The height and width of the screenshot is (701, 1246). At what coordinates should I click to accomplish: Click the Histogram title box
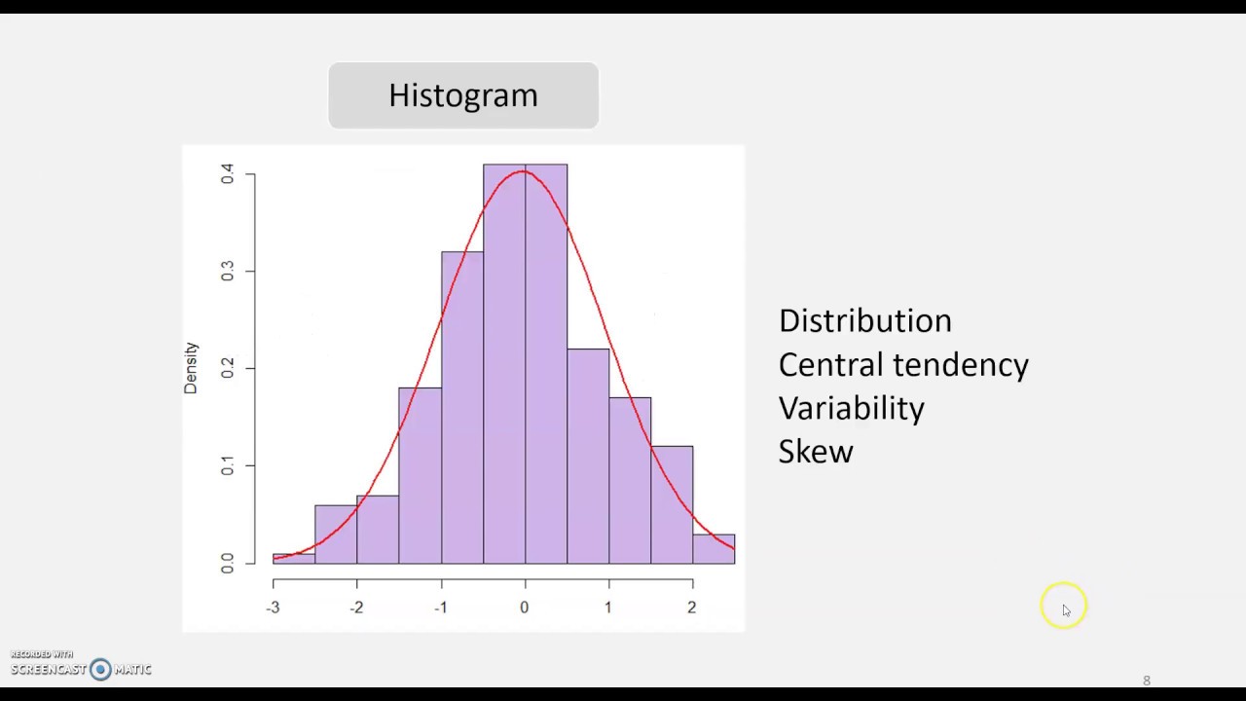pos(463,95)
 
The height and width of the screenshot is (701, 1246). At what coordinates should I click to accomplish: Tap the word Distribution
pos(864,321)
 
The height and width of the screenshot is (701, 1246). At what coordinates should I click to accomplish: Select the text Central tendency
pos(902,365)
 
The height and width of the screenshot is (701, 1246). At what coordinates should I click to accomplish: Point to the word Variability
pos(851,408)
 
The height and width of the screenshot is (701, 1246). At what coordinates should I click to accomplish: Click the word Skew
pos(816,452)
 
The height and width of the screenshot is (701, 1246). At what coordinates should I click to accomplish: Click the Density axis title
pos(191,368)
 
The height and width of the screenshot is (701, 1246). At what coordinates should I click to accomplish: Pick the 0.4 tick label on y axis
pos(227,174)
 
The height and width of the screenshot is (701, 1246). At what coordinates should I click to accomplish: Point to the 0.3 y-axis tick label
pos(227,272)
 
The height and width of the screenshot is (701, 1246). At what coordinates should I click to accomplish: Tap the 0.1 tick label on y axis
pos(227,466)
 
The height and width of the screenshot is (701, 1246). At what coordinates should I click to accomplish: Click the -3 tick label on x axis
pos(274,608)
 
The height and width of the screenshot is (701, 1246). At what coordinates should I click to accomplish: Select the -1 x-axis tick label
pos(441,608)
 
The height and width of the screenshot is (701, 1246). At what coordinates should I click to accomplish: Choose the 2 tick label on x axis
pos(692,608)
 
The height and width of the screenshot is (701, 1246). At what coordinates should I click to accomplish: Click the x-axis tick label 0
pos(525,608)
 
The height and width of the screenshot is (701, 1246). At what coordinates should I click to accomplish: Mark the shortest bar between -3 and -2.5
pos(294,559)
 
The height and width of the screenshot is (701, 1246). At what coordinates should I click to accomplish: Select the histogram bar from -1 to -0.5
pos(462,409)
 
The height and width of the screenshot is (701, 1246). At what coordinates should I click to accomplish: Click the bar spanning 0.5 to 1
pos(588,458)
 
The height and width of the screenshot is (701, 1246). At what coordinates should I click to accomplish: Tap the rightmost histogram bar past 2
pos(714,549)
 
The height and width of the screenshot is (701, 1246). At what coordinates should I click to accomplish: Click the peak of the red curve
pos(524,171)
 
